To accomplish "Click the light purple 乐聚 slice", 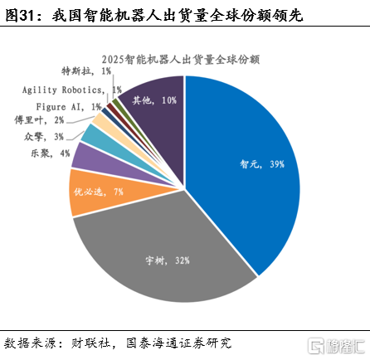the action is [x=110, y=163].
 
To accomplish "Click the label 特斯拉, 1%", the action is [x=86, y=71].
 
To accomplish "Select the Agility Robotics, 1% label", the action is [x=72, y=90].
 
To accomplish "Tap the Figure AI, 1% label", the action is [x=69, y=107].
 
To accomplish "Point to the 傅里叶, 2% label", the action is [x=39, y=120].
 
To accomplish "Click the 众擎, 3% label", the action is [x=44, y=137].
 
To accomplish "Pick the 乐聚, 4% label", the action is [x=51, y=153].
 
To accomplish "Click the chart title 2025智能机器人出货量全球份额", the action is [x=181, y=60].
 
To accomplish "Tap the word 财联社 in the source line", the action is [x=90, y=343].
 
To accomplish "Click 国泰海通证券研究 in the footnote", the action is [x=178, y=343].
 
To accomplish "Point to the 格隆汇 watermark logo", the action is [x=337, y=346].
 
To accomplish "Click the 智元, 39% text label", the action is [x=262, y=164].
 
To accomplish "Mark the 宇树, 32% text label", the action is [x=168, y=260].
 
